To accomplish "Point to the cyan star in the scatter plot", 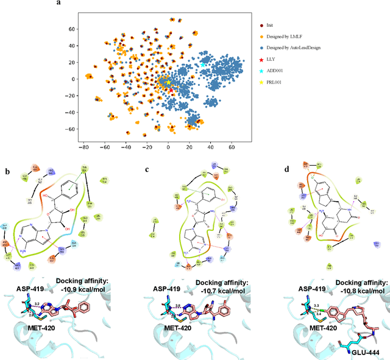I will (203, 65).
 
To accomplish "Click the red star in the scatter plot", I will (170, 90).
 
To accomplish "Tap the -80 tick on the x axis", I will (84, 147).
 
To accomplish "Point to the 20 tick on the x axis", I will (189, 147).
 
